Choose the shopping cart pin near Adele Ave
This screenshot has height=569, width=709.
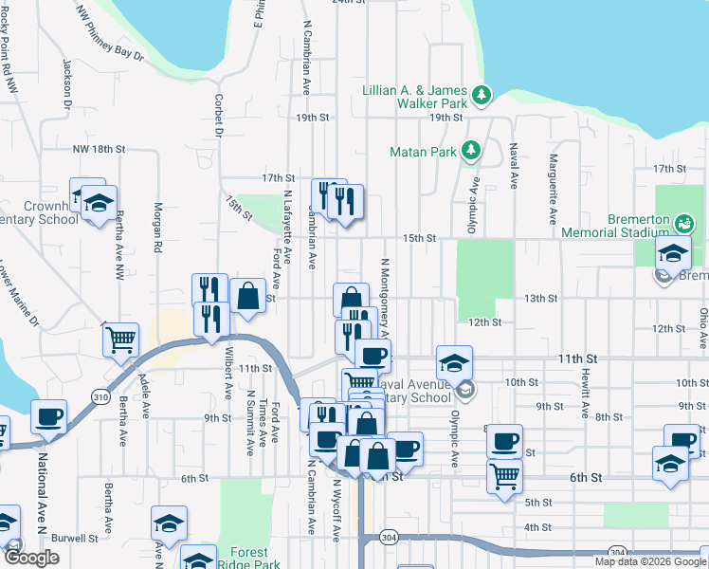pos(120,339)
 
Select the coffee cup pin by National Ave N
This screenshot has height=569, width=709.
pos(48,415)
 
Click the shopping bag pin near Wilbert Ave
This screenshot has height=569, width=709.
pos(247,295)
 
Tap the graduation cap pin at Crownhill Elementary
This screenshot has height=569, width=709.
pos(98,203)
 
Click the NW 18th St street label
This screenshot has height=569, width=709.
pos(99,150)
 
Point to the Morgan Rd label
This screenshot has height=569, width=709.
pos(158,228)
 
